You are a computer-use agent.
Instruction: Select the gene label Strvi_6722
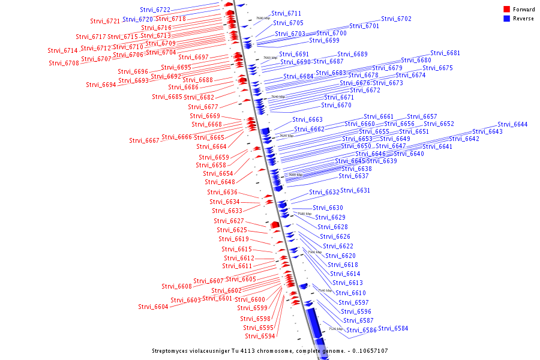pos(155,10)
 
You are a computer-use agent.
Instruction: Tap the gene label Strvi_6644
pos(512,124)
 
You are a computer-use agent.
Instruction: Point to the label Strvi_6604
pos(153,307)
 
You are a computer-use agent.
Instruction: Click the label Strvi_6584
pos(393,328)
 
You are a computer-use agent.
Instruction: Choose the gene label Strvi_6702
pos(397,19)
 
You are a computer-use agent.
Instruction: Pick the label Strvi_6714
pos(63,50)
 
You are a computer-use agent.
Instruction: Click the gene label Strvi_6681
pos(445,53)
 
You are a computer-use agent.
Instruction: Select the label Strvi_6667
pos(144,140)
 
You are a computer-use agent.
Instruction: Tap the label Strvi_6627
pos(229,221)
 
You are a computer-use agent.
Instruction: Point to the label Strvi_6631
pos(355,190)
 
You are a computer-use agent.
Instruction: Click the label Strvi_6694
pos(101,85)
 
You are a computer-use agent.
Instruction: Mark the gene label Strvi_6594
pos(260,336)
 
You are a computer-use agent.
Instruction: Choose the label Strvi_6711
pos(286,13)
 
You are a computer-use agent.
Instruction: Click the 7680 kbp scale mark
pos(262,19)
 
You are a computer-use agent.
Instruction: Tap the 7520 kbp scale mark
pos(335,329)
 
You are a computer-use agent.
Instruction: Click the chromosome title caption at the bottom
pos(269,350)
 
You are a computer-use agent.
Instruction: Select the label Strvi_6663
pos(308,119)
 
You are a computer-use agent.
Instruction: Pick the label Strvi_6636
pos(223,192)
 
